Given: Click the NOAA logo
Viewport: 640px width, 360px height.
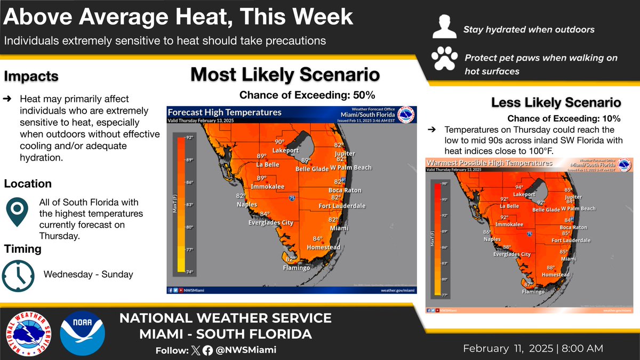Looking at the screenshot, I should pos(83,333).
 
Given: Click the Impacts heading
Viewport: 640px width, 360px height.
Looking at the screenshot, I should pos(31,76).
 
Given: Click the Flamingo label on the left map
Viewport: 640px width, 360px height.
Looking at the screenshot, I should pos(296,268).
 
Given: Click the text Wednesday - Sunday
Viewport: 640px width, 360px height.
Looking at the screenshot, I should pos(88,274).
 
